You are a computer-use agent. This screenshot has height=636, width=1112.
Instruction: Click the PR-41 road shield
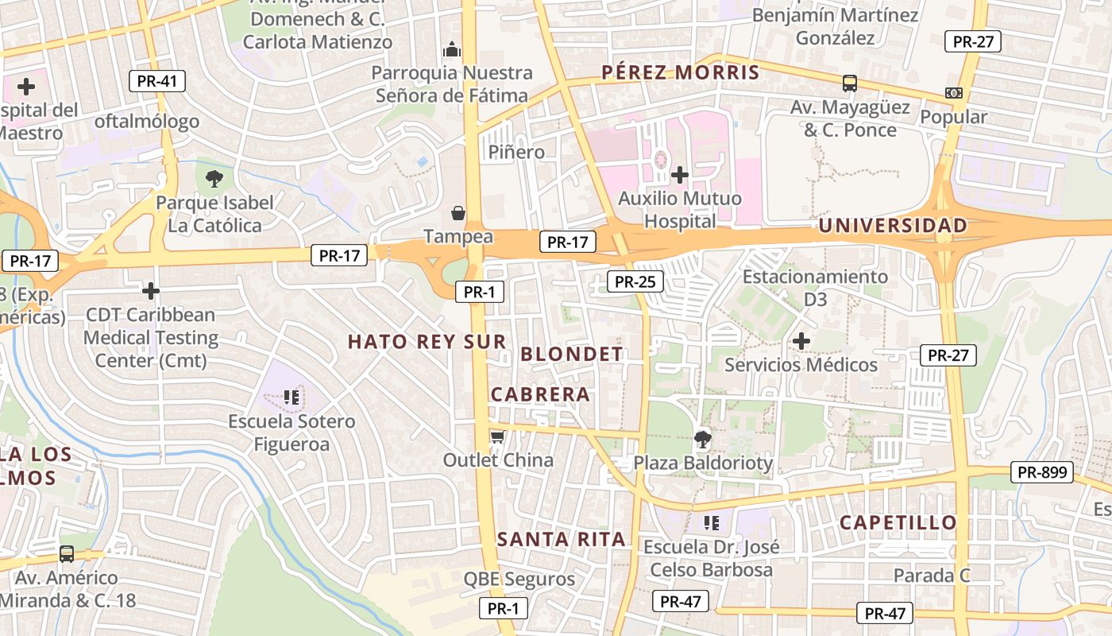coord(156,80)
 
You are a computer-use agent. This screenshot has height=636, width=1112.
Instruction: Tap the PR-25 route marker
coord(635,281)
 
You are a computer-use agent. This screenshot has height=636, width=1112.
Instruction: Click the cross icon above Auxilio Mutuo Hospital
coord(680,174)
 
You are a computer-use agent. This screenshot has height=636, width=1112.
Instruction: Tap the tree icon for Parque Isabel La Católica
coord(214,178)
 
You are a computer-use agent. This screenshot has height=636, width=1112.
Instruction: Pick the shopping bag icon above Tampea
coord(458,212)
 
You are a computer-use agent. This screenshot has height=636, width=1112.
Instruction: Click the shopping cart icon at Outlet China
coord(497,436)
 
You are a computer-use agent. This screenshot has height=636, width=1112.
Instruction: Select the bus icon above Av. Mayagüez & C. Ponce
coord(849,83)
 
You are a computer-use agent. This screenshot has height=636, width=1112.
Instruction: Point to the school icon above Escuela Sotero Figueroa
coord(292,396)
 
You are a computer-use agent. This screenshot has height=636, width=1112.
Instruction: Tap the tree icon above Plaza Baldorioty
coord(702,438)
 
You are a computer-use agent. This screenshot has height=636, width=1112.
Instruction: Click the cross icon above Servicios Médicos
coord(801,341)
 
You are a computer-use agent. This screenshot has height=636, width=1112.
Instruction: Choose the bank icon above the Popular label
coord(954,93)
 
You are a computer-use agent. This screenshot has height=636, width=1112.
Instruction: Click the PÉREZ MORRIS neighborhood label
coord(680,72)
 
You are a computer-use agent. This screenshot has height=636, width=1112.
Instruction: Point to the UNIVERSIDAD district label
coord(893,226)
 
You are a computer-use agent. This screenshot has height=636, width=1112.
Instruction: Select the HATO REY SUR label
coord(427,342)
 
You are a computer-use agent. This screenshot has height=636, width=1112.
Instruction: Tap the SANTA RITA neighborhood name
coord(562,539)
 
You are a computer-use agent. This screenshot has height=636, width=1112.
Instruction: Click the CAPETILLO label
coord(898,522)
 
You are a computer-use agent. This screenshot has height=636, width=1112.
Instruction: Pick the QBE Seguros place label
coord(519,579)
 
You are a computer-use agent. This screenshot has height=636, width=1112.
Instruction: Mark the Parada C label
coord(932,575)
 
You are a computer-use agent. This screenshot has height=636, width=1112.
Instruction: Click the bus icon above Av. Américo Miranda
coord(67,553)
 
